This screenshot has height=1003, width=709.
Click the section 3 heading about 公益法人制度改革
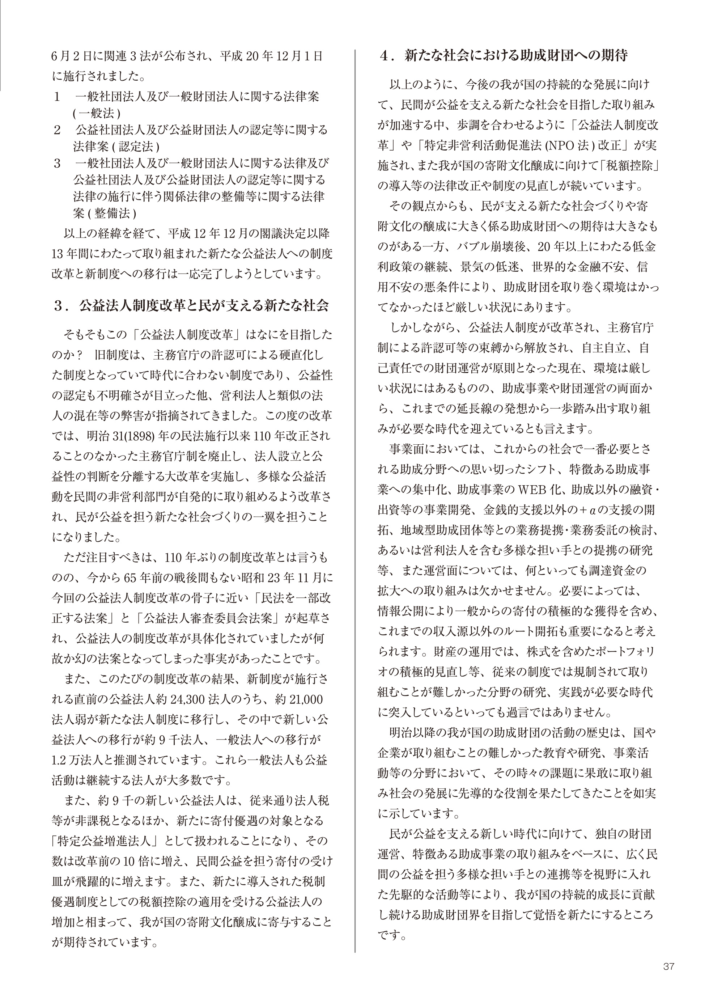tap(191, 305)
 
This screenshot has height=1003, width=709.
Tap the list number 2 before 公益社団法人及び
tap(57, 130)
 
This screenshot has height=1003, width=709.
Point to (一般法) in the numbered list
tap(97, 113)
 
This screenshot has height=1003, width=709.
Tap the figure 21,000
tap(306, 699)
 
